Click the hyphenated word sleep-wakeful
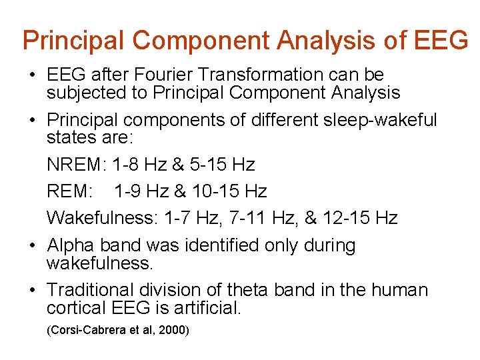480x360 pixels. pyautogui.click(x=373, y=120)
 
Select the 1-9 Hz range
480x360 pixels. pyautogui.click(x=141, y=191)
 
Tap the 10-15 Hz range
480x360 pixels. pyautogui.click(x=229, y=191)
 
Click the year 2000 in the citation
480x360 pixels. pyautogui.click(x=173, y=330)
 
